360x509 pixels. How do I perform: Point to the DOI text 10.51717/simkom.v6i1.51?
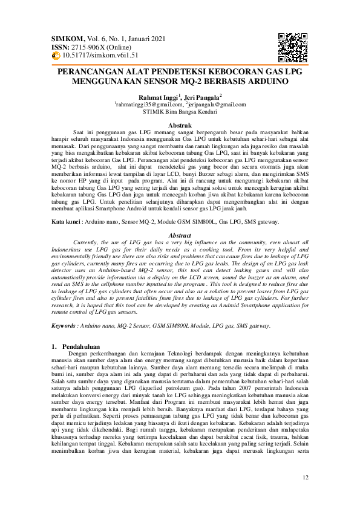101,55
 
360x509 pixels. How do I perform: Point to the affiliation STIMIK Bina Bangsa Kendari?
180,112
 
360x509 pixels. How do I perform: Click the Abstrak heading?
179,125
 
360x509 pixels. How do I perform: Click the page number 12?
306,479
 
